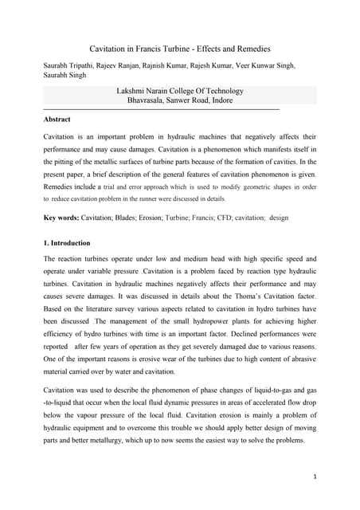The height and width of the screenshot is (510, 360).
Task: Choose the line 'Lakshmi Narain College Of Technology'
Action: [180, 92]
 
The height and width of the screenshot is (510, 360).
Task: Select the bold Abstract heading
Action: [57, 120]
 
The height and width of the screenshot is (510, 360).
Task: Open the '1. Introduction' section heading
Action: [67, 243]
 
